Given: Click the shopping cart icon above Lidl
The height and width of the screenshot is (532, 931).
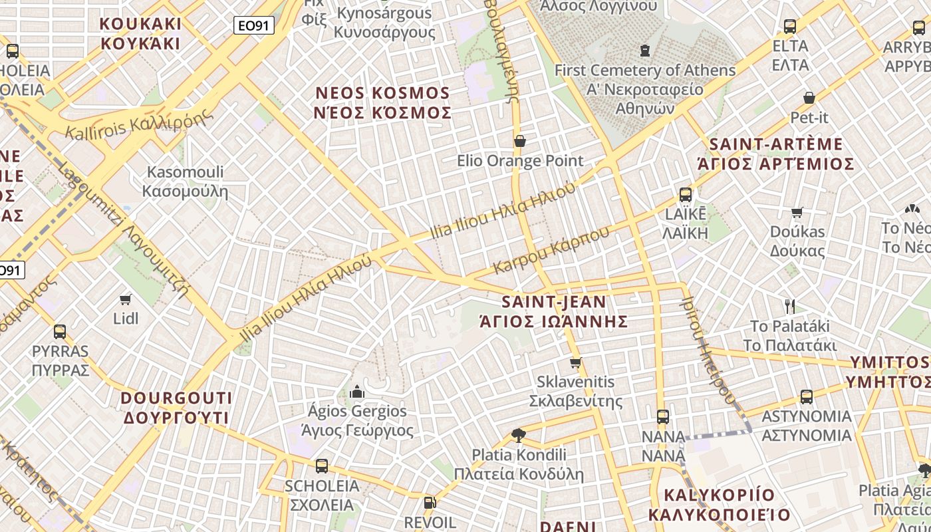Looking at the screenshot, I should pos(126,299).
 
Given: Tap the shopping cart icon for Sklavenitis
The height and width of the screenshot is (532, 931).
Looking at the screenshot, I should pos(576,362).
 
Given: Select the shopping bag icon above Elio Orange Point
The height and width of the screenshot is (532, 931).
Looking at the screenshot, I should pos(520,141).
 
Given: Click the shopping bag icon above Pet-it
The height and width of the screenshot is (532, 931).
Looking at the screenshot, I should pos(809,98).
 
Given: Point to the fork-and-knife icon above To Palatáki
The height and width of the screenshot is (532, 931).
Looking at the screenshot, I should pos(790,307).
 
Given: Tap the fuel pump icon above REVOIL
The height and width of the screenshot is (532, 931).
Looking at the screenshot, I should pos(430,503).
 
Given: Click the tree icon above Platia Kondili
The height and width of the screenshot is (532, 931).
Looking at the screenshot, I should pos(519,436).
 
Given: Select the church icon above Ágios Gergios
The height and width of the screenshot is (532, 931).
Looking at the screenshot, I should pos(357,391).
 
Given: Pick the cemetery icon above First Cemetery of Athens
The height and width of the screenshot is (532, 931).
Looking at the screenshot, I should pos(644,50).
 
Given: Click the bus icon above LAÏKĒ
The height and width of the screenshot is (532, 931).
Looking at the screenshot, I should pos(686,195).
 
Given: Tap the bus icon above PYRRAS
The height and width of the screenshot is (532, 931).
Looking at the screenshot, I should pos(60,331).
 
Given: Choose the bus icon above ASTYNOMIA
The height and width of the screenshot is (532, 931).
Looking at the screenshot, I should pos(807,397).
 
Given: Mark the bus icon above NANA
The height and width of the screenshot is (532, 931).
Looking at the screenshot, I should pos(663,417).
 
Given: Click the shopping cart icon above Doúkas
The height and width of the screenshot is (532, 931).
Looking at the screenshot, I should pos(797,212).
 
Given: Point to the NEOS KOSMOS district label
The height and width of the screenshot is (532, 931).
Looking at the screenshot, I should pos(382,102).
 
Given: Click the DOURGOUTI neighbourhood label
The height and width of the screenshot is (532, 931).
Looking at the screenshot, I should pos(177,408).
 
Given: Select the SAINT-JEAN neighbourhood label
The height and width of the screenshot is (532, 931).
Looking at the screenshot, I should pos(553,311).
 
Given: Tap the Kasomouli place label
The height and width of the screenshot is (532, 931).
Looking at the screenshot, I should pos(185,182).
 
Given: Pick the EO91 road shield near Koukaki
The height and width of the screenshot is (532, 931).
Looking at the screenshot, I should pos(254,26).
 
